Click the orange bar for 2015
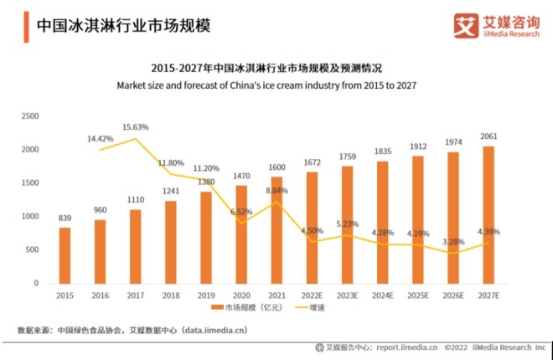(65, 255)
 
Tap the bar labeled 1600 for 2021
(276, 230)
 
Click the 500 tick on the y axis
(32, 250)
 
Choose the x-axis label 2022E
(312, 296)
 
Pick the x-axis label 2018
(171, 296)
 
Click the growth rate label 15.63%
(135, 127)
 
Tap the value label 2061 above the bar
(488, 136)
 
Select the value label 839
(65, 219)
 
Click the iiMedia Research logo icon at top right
(465, 24)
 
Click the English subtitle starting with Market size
(266, 85)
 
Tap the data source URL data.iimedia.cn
(215, 331)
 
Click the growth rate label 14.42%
(100, 138)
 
